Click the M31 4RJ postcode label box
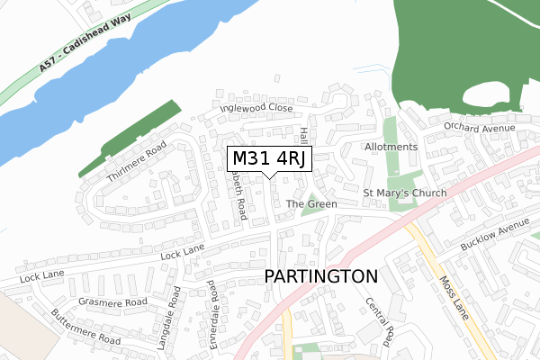(269, 159)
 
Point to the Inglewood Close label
(256, 108)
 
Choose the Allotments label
(391, 147)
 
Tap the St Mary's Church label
(404, 193)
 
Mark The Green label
(311, 204)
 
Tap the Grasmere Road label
(112, 302)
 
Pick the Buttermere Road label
(85, 328)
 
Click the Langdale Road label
(175, 311)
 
